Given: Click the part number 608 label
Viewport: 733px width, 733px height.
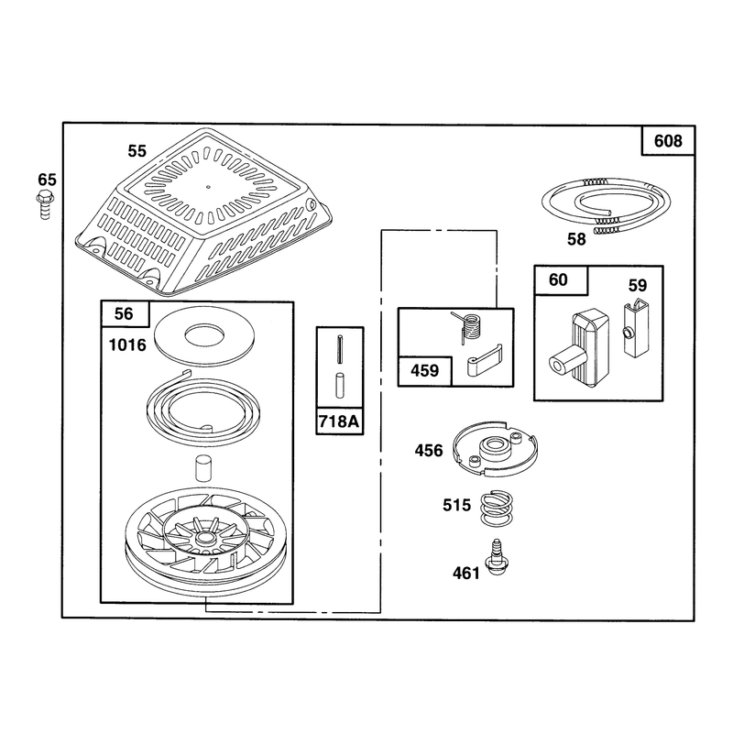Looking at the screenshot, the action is point(668,141).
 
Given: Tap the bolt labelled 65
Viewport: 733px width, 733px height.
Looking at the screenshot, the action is point(45,204).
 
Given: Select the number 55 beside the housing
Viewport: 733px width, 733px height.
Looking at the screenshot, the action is point(137,151).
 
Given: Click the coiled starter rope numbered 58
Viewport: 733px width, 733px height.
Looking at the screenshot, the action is point(606,204).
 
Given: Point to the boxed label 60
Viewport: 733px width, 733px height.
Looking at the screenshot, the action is point(558,279).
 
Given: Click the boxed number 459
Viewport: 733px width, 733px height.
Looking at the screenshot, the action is point(424,371).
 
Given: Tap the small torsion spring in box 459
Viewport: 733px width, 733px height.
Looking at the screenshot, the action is point(469,327).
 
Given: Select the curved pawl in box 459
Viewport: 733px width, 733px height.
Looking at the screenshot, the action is point(485,361).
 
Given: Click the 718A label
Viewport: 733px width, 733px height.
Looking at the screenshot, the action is point(339,421).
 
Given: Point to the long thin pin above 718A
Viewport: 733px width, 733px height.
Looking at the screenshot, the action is point(340,348).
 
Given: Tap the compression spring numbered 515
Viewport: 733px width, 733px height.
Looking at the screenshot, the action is point(497,509).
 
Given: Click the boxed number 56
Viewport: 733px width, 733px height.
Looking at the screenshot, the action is point(124,313).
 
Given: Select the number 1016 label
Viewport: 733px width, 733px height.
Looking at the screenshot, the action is point(127,345).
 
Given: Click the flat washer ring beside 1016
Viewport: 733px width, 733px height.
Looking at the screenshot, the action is point(204,336).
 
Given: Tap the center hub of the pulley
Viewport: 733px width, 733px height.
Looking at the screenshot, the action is point(203,538).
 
